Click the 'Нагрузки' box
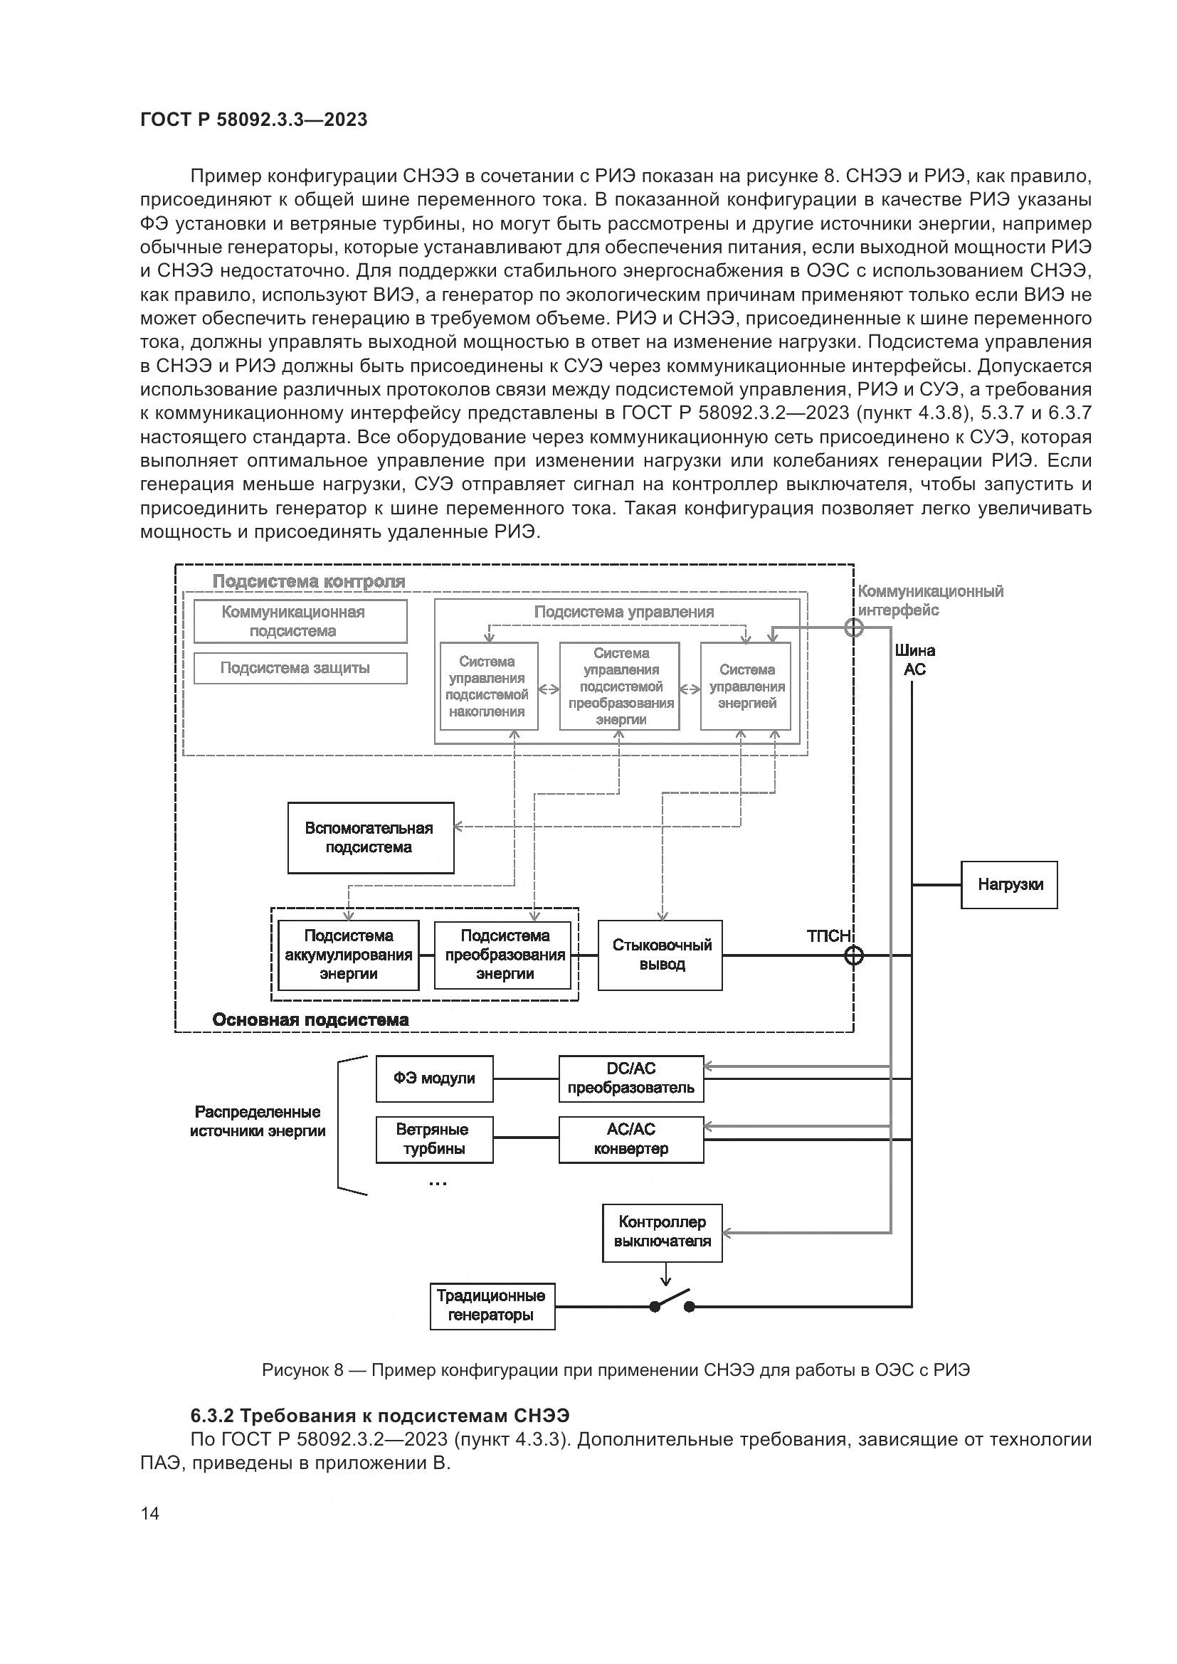[1009, 885]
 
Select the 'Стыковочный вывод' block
[660, 955]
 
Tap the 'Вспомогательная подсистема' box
[370, 838]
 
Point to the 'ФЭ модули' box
[434, 1079]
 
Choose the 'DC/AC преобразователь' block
[630, 1079]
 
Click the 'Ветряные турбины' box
[434, 1139]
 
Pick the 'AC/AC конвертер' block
[630, 1139]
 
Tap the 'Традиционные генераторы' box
[492, 1306]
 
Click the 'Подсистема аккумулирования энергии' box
[349, 955]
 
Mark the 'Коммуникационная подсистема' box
[300, 621]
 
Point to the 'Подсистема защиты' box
[300, 668]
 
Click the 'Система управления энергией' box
[746, 687]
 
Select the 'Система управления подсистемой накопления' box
[488, 687]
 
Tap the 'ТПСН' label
[828, 936]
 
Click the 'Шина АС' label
[914, 659]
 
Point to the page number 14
[150, 1513]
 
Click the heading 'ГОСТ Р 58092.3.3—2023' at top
[253, 120]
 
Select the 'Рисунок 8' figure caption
[616, 1370]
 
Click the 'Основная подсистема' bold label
[310, 1020]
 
